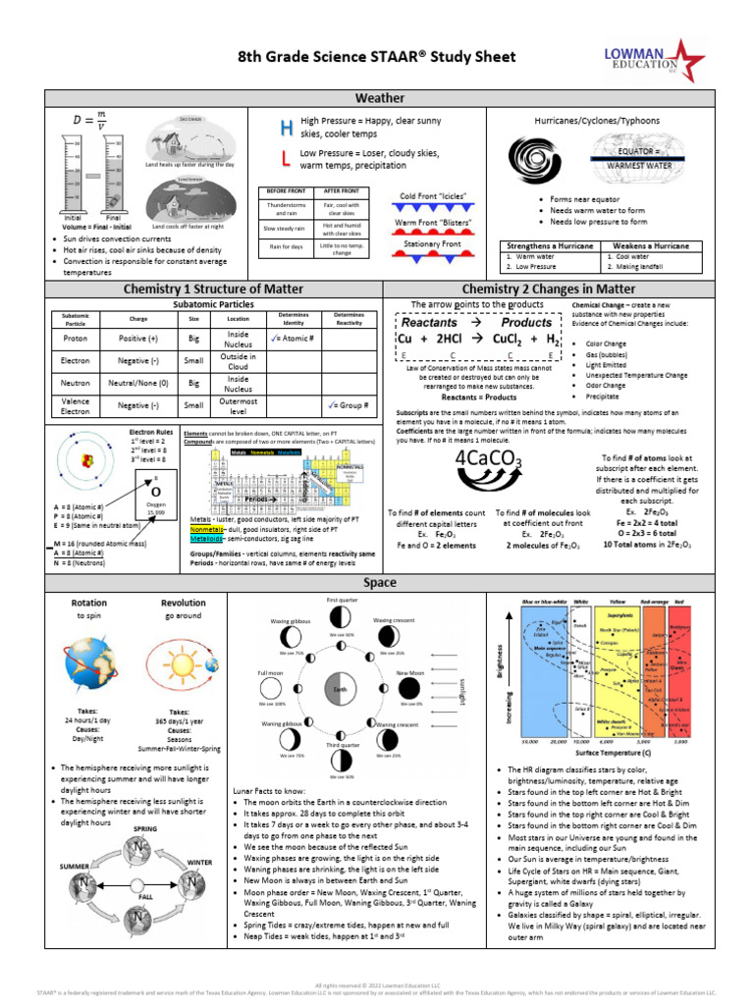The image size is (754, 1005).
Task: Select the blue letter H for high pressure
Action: (x=286, y=128)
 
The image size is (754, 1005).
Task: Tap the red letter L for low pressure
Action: (x=285, y=158)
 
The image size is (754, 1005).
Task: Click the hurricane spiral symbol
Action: (x=529, y=157)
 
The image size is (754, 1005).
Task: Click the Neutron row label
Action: (x=76, y=383)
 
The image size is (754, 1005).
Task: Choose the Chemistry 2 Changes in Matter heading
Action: (x=548, y=290)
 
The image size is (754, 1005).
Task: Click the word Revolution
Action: (x=184, y=603)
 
